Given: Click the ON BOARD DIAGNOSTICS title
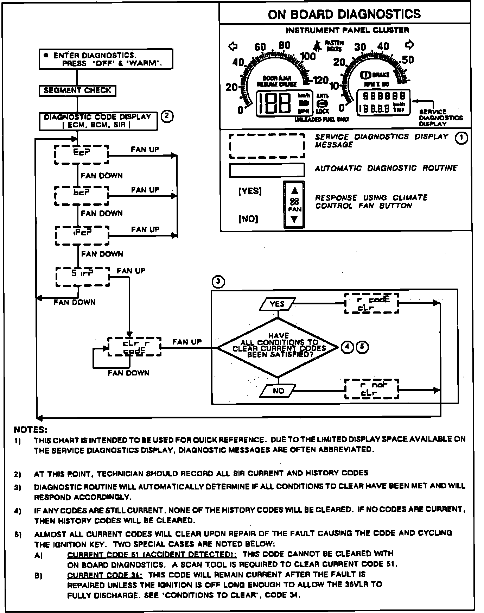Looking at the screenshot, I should [x=344, y=14].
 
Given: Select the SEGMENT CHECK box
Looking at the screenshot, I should [x=77, y=90].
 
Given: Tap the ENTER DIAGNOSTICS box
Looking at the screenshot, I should [x=106, y=59].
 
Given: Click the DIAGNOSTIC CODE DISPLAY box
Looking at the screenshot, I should [x=98, y=121].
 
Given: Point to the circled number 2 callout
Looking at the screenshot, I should [x=167, y=116].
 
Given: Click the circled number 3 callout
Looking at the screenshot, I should [x=218, y=282].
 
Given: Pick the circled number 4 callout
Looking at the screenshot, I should [x=347, y=347].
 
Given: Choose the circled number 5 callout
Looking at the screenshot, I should [x=363, y=347].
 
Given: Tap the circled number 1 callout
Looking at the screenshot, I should [x=461, y=138].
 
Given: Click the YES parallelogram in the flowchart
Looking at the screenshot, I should [x=277, y=304].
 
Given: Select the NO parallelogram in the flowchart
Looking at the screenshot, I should [x=278, y=390].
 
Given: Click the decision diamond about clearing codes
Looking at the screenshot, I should [x=278, y=347].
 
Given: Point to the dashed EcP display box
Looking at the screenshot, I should [x=82, y=154].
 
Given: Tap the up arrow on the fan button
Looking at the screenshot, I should [x=294, y=191].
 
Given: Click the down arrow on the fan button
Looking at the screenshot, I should [x=294, y=219].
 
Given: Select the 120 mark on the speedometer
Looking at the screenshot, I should [x=320, y=81].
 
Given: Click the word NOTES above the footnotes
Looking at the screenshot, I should [x=30, y=430].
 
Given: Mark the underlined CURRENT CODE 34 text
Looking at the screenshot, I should [x=104, y=575].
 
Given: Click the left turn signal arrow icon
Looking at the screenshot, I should [x=233, y=46].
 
